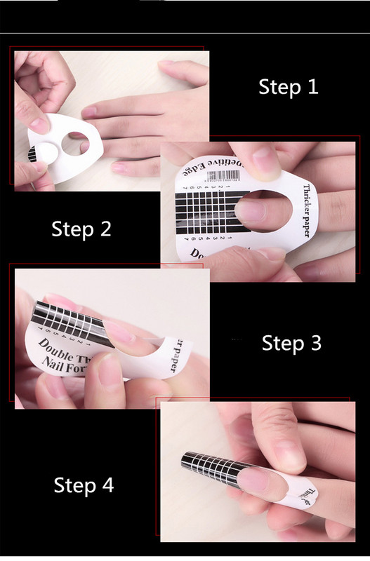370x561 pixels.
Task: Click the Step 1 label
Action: [x=288, y=87]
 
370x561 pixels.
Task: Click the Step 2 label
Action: [x=81, y=229]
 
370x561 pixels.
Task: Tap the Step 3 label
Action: [x=291, y=343]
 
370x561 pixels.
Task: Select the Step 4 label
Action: [x=84, y=485]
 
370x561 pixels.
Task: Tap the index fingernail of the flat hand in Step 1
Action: [x=90, y=112]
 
